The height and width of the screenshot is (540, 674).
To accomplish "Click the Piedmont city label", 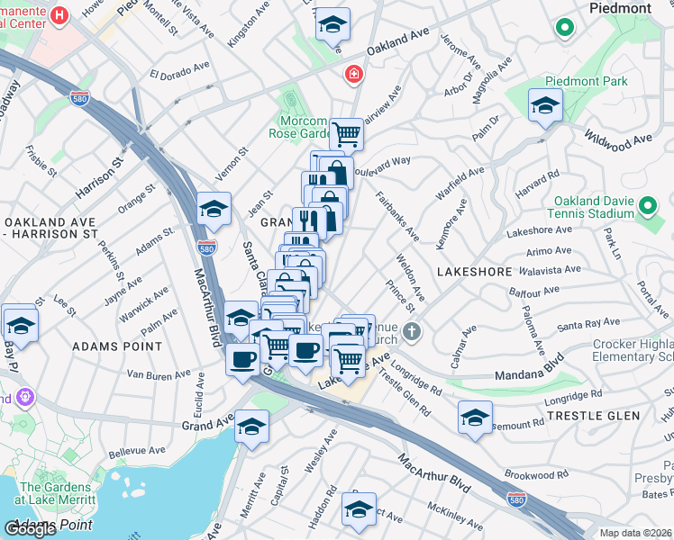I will [619, 8].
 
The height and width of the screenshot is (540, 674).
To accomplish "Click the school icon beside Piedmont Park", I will [545, 107].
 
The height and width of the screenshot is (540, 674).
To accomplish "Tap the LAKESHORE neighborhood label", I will [468, 270].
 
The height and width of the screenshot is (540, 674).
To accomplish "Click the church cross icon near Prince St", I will [412, 332].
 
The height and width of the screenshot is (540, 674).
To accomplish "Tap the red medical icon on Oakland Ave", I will [352, 74].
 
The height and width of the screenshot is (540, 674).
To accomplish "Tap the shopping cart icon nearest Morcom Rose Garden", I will [346, 135].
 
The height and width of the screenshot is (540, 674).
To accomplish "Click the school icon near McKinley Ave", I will [359, 509].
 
